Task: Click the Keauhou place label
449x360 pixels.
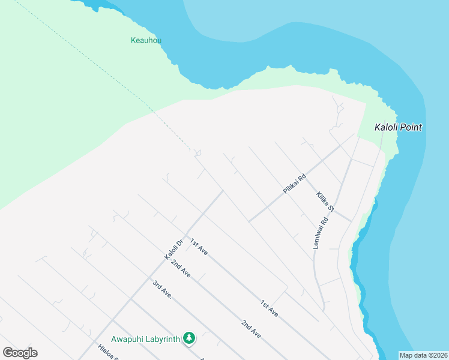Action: point(146,41)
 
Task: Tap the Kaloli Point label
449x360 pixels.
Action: point(398,127)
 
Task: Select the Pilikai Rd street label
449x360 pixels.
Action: point(295,184)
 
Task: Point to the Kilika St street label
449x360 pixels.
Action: point(325,202)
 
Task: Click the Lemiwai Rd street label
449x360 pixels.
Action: point(322,233)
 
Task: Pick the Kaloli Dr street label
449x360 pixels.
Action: point(173,250)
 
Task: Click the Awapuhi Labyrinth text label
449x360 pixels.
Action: point(146,339)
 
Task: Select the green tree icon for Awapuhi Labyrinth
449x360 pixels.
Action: point(189,339)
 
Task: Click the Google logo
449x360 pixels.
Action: point(20,353)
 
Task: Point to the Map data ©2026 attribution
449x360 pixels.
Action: point(423,355)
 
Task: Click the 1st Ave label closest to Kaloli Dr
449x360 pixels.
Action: point(199,247)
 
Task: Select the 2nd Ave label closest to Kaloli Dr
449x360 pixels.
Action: point(180,269)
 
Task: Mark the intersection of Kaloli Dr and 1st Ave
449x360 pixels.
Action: point(185,235)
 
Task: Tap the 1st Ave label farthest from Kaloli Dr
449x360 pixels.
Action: point(269,308)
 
